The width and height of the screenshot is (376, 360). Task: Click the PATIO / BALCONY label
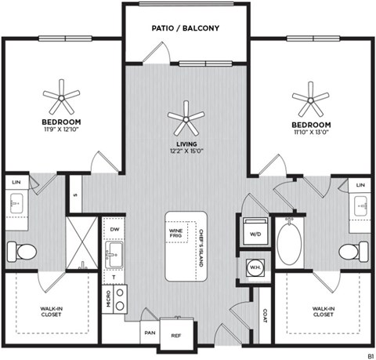click(186, 29)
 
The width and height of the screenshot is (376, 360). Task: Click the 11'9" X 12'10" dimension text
click(61, 131)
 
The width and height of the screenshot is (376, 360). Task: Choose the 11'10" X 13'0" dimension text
click(311, 133)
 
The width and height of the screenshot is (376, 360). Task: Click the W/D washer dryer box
click(255, 233)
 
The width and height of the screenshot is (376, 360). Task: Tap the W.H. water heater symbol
click(255, 266)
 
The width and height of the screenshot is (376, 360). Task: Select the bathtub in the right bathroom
click(291, 244)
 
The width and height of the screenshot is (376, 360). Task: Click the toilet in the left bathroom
click(22, 252)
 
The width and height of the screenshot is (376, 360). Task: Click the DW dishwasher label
click(114, 229)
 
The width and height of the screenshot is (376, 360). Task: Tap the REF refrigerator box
click(176, 333)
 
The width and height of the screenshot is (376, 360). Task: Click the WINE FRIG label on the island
click(175, 232)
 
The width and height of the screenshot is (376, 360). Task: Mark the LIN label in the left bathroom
click(16, 182)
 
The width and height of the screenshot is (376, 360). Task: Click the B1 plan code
click(368, 355)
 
